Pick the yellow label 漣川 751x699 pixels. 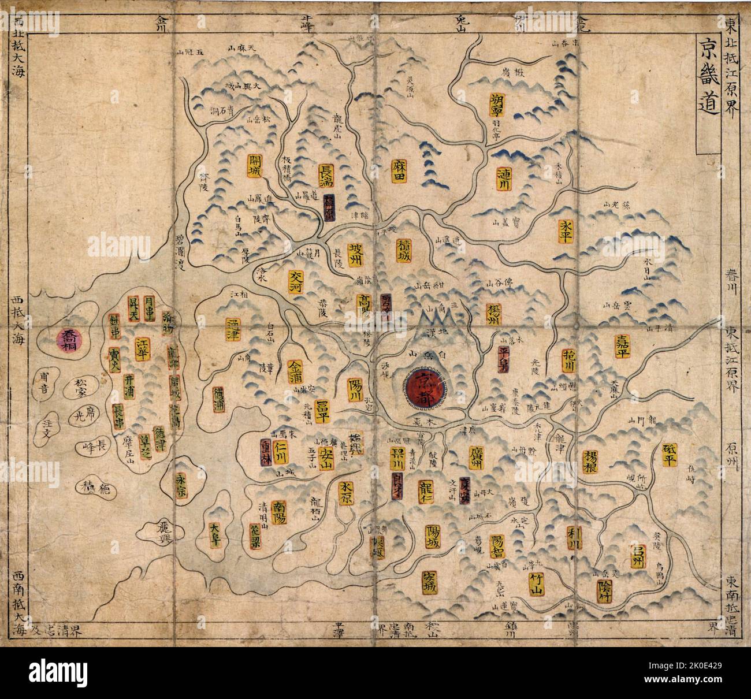coord(500,179)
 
